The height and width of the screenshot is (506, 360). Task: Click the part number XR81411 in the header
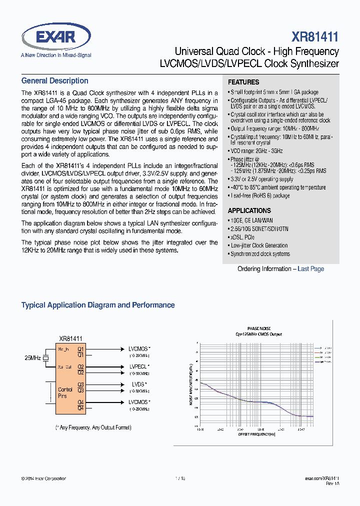(x=315, y=37)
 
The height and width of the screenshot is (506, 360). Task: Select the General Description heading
(x=54, y=81)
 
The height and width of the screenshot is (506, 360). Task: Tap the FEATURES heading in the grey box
(x=243, y=82)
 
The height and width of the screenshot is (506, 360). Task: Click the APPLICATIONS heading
(x=249, y=210)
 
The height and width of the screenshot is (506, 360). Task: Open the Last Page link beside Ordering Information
(x=310, y=269)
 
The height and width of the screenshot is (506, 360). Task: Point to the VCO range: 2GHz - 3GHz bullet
(x=256, y=151)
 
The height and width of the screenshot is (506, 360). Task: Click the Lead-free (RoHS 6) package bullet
(x=259, y=195)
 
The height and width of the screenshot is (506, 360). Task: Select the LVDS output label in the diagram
(x=138, y=384)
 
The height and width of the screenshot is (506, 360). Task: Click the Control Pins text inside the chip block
(x=65, y=392)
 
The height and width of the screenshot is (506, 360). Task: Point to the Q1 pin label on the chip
(x=80, y=348)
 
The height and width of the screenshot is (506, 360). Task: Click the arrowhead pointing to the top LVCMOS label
(x=122, y=349)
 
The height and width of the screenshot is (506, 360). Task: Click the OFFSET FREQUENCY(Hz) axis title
(x=256, y=434)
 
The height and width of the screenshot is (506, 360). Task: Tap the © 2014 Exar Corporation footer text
(x=43, y=478)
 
